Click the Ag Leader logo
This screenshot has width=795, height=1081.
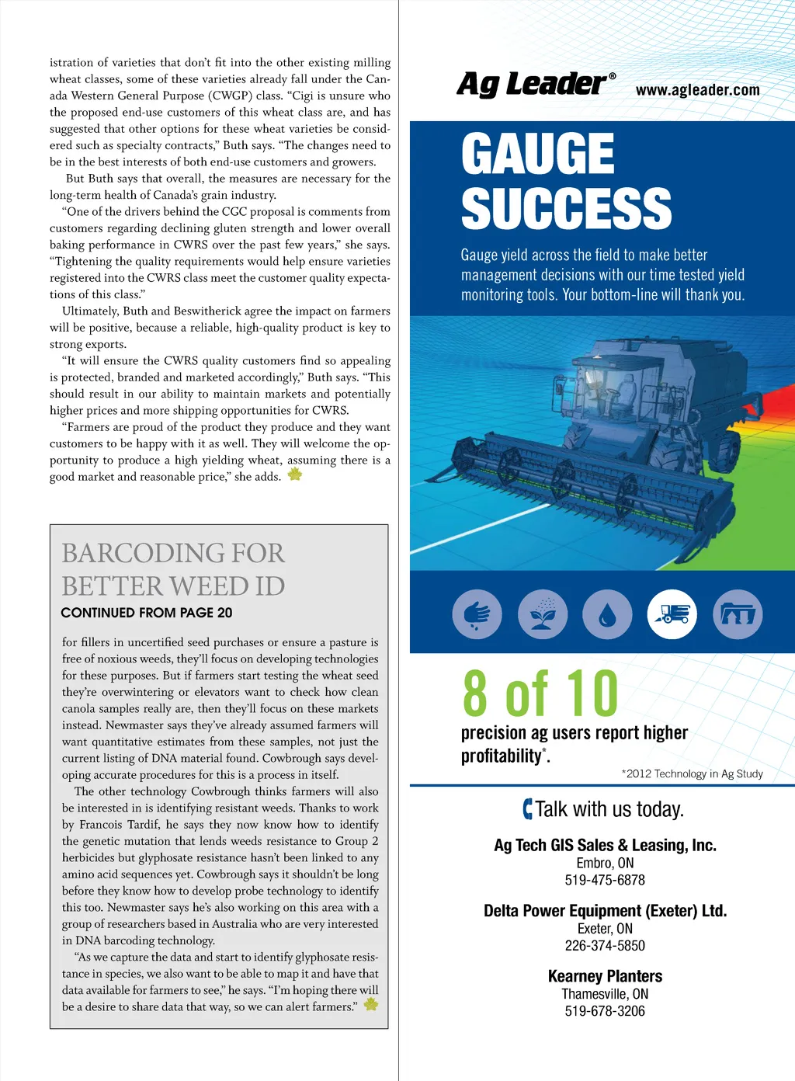[x=536, y=85]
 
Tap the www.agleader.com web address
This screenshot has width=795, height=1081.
[x=697, y=90]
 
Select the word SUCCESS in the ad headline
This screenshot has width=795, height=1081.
[x=566, y=209]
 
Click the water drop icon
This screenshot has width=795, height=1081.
[x=607, y=614]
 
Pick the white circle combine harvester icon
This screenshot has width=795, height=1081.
[x=672, y=614]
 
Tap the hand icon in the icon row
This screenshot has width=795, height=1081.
[x=477, y=614]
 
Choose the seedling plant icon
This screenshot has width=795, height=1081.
[x=543, y=614]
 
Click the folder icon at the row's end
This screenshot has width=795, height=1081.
[x=738, y=614]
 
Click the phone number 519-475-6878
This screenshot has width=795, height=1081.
[x=605, y=880]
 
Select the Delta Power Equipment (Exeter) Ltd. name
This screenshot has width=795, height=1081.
[x=605, y=910]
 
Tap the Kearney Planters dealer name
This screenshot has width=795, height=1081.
[x=605, y=976]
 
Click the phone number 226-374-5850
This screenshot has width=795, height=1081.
[x=605, y=945]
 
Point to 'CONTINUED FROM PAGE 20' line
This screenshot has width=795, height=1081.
[x=147, y=613]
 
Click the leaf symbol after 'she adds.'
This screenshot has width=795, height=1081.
[x=295, y=474]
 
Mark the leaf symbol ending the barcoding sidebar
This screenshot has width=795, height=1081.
[x=371, y=1004]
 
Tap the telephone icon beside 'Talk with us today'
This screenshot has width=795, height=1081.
[x=528, y=809]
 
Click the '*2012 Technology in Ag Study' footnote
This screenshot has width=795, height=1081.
[x=692, y=773]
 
